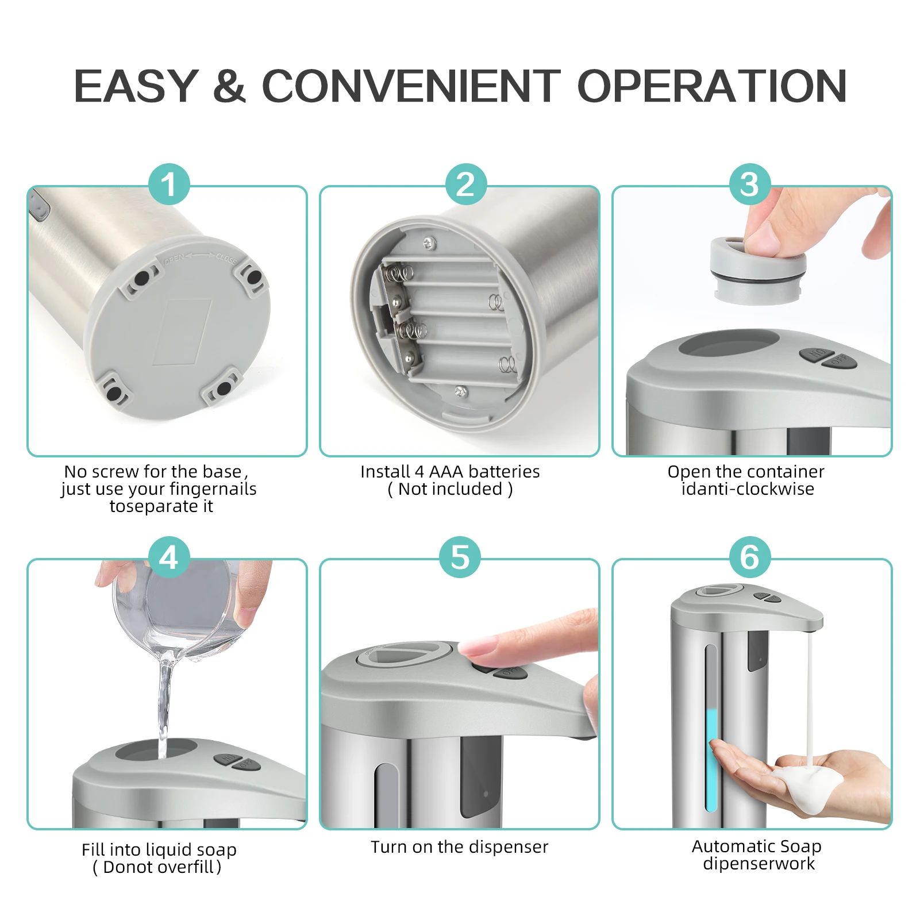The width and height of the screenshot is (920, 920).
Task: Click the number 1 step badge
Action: pos(169,184)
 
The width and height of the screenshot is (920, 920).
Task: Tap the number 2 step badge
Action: pos(466,184)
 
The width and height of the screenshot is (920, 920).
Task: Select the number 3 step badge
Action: pos(750,184)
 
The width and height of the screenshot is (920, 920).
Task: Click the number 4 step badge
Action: pos(169,557)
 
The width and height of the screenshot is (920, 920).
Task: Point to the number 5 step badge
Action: pos(460,557)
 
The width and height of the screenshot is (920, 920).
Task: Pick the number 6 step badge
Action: pos(750,557)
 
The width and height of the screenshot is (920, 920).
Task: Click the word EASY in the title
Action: pos(137,86)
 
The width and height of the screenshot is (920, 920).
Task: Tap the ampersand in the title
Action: pos(229,86)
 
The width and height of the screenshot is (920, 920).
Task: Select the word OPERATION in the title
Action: pos(712,86)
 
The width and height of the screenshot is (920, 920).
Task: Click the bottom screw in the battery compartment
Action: pos(460,391)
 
